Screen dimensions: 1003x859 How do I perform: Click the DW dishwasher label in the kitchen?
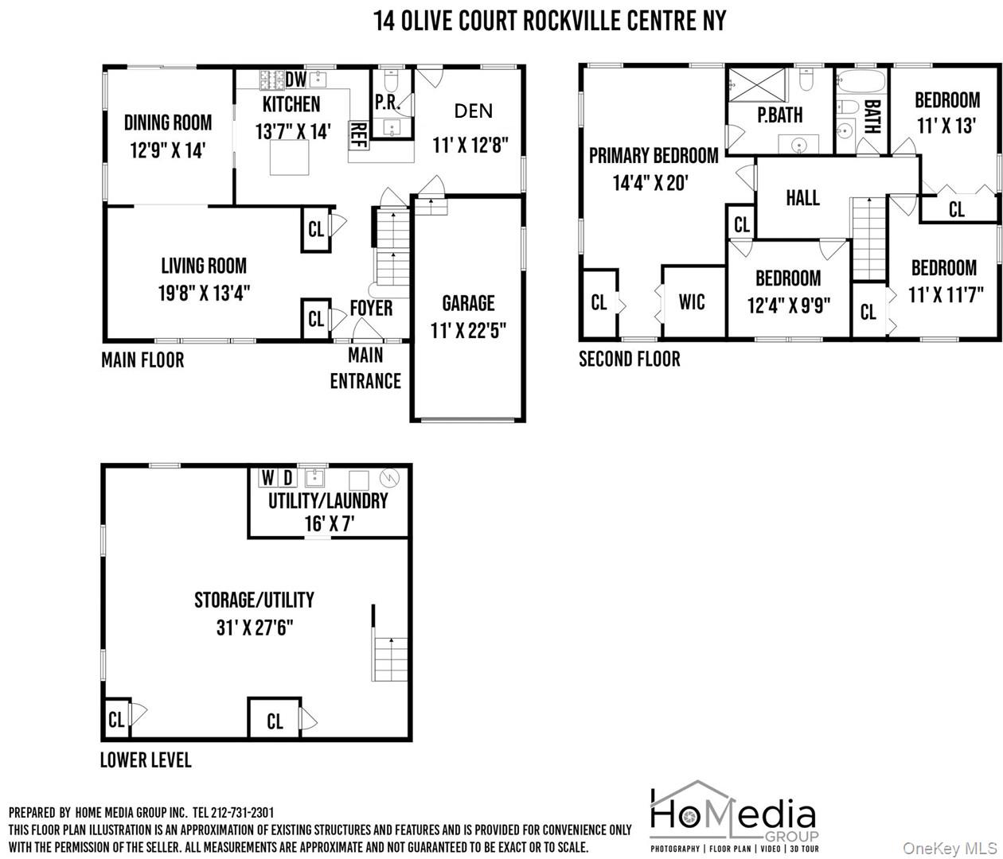point(296,80)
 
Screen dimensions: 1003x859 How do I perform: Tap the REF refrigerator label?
point(358,134)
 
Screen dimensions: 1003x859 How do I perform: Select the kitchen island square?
point(289,157)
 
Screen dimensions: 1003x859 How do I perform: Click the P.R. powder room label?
point(387,103)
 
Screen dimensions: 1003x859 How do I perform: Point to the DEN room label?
point(473,111)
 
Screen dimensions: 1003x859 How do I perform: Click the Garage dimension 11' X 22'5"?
point(468,331)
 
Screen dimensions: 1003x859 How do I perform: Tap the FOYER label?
point(371,308)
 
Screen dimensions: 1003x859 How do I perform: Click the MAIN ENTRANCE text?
point(365,368)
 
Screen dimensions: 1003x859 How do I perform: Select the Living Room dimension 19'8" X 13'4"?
point(204,293)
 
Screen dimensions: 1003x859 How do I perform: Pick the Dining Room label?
point(168,122)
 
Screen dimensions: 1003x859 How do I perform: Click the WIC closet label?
point(692,302)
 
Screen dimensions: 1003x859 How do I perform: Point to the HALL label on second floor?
point(802,198)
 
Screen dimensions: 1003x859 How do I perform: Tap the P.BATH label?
point(780,115)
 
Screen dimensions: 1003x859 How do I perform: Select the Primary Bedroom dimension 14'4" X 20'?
point(650,183)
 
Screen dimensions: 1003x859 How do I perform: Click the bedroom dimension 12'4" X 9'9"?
point(789,305)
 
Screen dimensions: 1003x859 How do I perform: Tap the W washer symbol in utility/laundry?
point(267,477)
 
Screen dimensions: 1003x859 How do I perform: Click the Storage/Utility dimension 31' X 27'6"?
point(254,628)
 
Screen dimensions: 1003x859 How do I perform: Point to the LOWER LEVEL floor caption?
point(146,760)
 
